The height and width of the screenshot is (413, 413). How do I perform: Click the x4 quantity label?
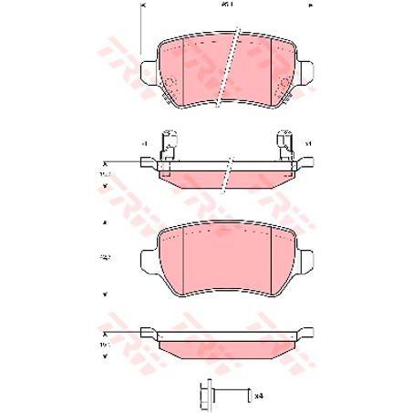click(x=260, y=396)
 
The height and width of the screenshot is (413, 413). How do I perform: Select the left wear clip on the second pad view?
click(x=167, y=145)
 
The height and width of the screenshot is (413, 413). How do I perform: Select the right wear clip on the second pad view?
click(x=286, y=145)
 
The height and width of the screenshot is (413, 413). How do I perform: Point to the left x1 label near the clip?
click(x=144, y=144)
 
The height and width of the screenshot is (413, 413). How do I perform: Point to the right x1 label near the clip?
click(x=308, y=144)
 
